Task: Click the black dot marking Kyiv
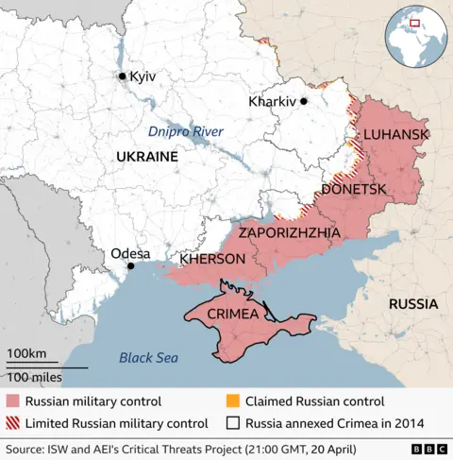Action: (122, 76)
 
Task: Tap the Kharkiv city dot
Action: (304, 100)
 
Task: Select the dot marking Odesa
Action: (130, 266)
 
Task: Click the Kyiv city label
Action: (143, 76)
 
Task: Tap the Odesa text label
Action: (130, 252)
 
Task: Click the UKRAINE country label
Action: (146, 157)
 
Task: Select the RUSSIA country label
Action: (412, 304)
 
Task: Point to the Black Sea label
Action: (148, 357)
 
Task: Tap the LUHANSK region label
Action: (395, 136)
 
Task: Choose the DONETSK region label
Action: (354, 190)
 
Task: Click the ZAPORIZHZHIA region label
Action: (291, 231)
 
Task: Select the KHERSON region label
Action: (212, 259)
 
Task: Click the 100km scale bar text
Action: (26, 353)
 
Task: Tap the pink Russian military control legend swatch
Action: (11, 401)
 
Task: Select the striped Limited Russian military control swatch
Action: (11, 423)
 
